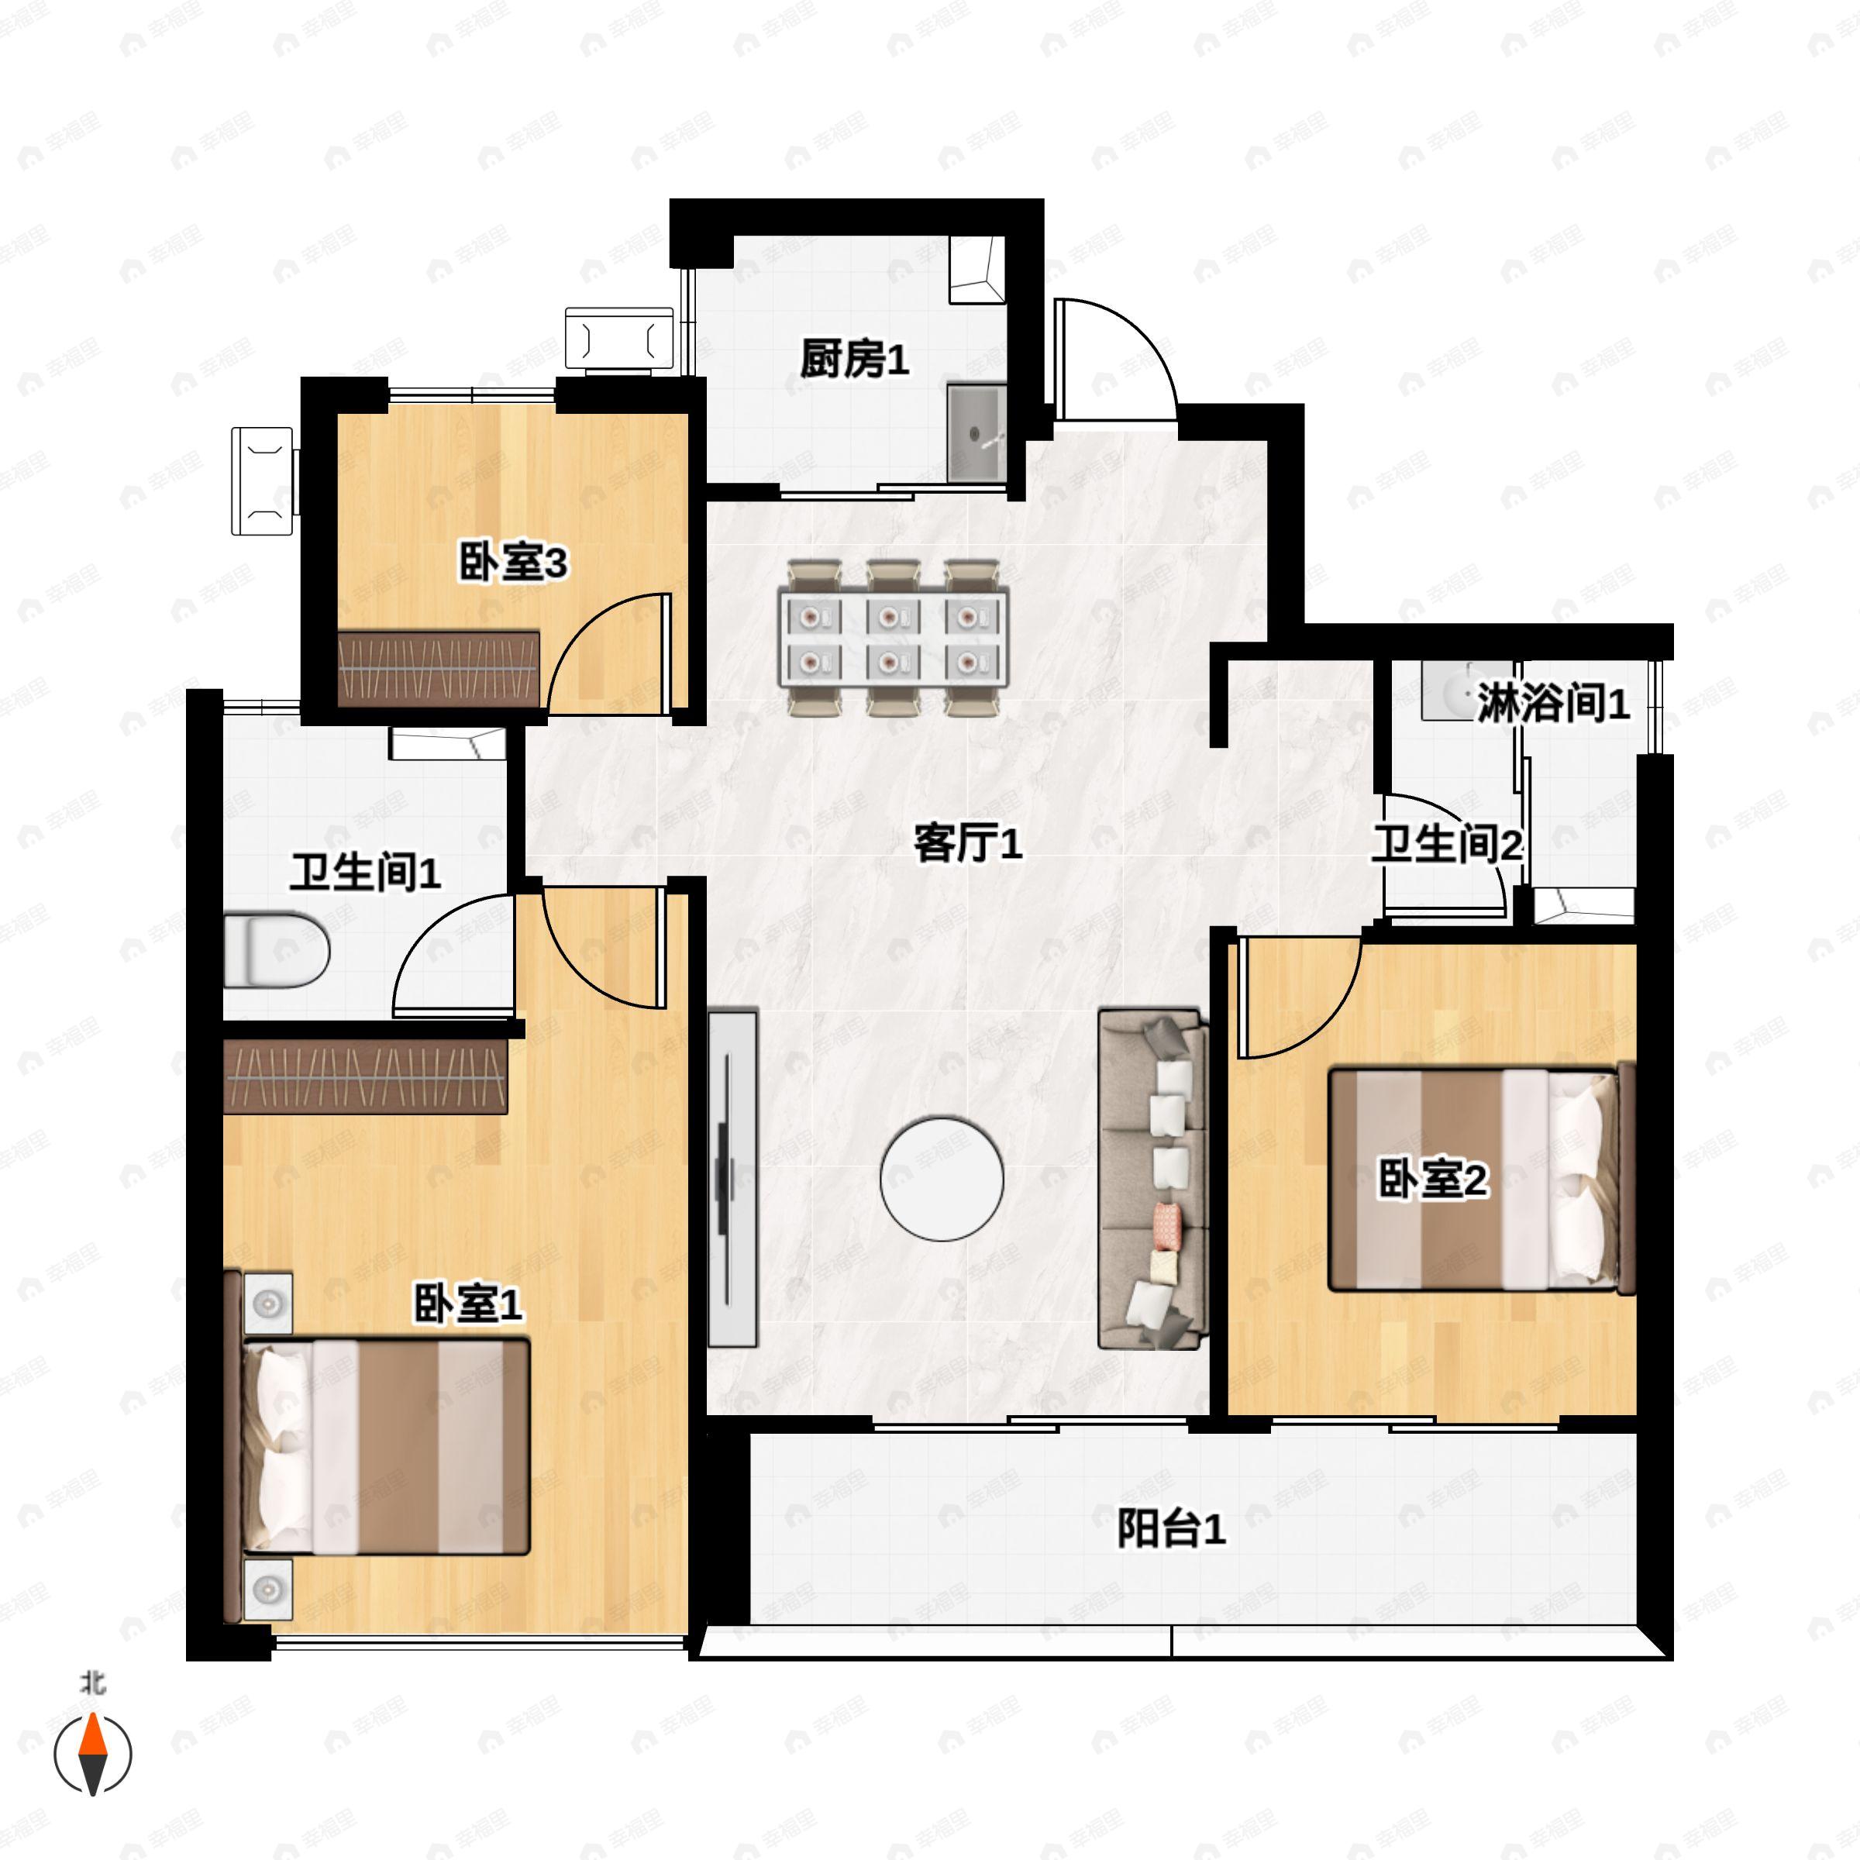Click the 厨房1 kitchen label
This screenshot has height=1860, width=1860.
[x=854, y=360]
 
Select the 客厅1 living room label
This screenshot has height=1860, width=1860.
[x=967, y=844]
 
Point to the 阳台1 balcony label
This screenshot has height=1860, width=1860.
[x=1171, y=1529]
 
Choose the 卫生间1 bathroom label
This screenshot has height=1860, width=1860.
[x=366, y=873]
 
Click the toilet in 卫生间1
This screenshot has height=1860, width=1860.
[x=277, y=951]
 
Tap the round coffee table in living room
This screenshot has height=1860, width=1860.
[x=942, y=1177]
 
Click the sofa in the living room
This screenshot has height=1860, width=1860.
[x=1153, y=1178]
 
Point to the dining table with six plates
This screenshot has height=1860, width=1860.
[x=894, y=639]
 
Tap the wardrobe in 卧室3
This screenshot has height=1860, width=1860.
[x=439, y=669]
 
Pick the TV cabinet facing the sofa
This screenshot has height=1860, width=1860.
[x=732, y=1177]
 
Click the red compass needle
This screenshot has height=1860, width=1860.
[x=92, y=1736]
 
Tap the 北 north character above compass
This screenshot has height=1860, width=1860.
[x=92, y=1683]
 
